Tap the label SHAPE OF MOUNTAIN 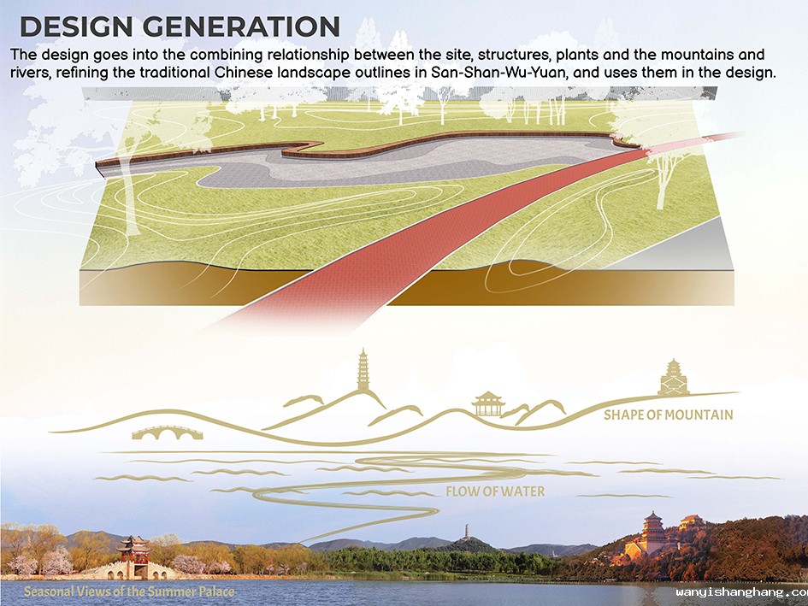(x=668, y=415)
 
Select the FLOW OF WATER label (x=495, y=491)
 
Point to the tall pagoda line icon (x=363, y=369)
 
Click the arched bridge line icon (x=168, y=432)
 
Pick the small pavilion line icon (x=487, y=404)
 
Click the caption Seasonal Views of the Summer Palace (x=129, y=591)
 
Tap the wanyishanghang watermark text (x=742, y=592)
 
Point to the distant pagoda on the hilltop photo (x=466, y=532)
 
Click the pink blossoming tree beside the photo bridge (x=56, y=562)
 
